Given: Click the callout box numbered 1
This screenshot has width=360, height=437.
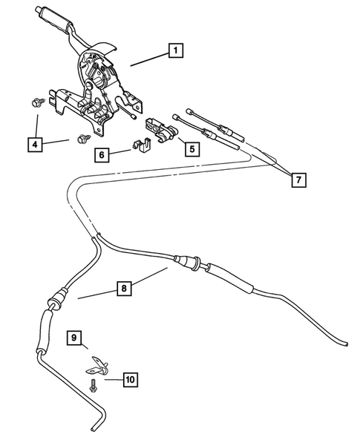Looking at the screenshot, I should [175, 51].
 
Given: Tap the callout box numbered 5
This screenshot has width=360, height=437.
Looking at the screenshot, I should [191, 148].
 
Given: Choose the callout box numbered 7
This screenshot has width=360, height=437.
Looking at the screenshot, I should [297, 180].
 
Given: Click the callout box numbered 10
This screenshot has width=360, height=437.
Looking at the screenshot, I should [129, 380].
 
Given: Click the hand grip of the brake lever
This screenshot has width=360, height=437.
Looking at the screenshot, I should [55, 15].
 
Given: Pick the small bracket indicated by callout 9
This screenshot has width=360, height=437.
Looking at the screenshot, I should [96, 364].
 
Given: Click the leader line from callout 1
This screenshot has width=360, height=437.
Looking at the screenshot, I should [148, 59].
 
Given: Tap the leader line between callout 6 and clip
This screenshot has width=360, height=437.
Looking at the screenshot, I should [120, 151].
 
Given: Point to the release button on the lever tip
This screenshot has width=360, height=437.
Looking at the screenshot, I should [38, 9].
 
